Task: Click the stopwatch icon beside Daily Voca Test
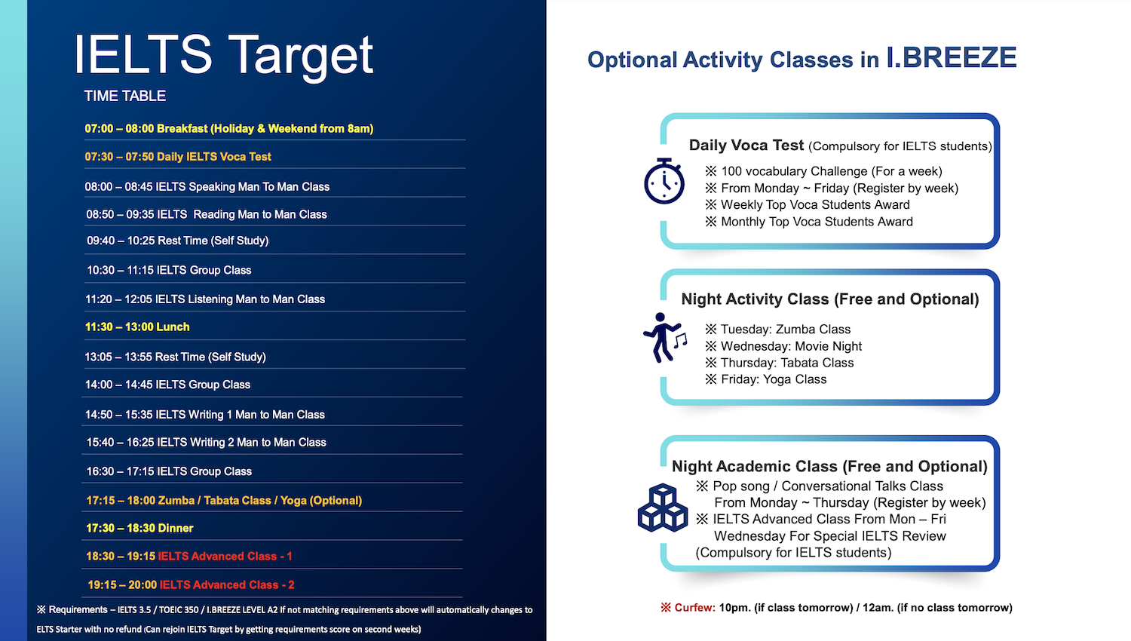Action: pos(664,181)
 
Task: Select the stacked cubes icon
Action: pos(663,508)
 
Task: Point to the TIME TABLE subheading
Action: pos(124,96)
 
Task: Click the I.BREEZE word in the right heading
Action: pos(952,57)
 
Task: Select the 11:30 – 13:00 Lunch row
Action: pos(137,327)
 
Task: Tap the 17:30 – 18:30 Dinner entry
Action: pos(139,528)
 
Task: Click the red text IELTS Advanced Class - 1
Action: pos(225,556)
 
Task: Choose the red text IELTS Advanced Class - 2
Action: pos(227,585)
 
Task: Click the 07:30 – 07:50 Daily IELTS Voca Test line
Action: pos(178,157)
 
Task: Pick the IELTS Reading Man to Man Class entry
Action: pos(207,214)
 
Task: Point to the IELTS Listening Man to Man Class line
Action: pos(205,299)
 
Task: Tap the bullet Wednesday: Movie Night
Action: pos(783,346)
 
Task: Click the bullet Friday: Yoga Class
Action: pos(766,379)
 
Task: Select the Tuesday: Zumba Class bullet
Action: pos(778,330)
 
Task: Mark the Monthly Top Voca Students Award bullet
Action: pos(809,222)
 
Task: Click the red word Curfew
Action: pos(694,608)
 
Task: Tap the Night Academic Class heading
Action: pos(829,466)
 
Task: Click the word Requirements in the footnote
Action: pos(78,609)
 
